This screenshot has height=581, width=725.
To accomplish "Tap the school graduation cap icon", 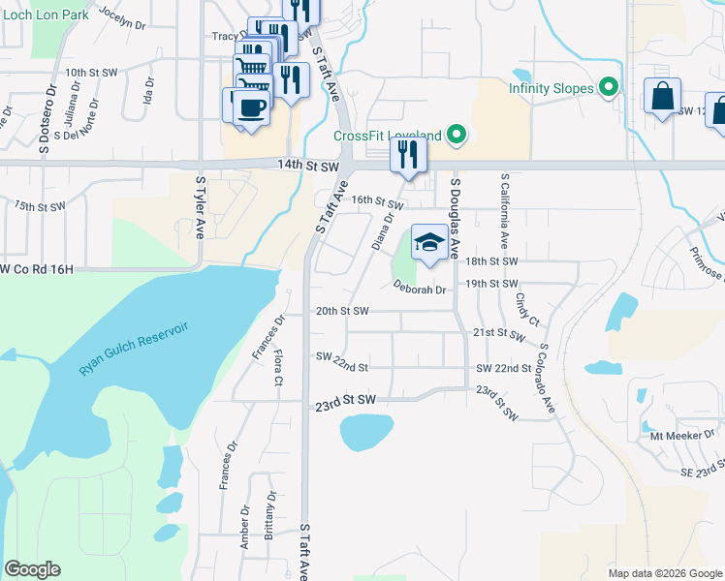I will (430, 242).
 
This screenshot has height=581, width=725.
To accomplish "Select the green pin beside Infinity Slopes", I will (610, 88).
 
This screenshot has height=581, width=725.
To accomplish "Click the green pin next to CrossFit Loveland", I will (457, 136).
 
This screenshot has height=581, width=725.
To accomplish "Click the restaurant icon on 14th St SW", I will (408, 155).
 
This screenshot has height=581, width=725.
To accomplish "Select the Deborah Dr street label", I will (419, 289).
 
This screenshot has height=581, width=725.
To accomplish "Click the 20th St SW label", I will (342, 311).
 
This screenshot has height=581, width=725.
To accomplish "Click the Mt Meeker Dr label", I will (682, 435).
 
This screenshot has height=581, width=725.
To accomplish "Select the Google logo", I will (32, 569).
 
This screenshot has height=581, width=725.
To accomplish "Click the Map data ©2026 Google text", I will (666, 573).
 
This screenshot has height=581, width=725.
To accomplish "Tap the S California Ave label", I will (504, 210).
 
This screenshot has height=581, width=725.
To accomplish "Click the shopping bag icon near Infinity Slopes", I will (662, 97).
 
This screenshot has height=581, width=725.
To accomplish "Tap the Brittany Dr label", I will (270, 514).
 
